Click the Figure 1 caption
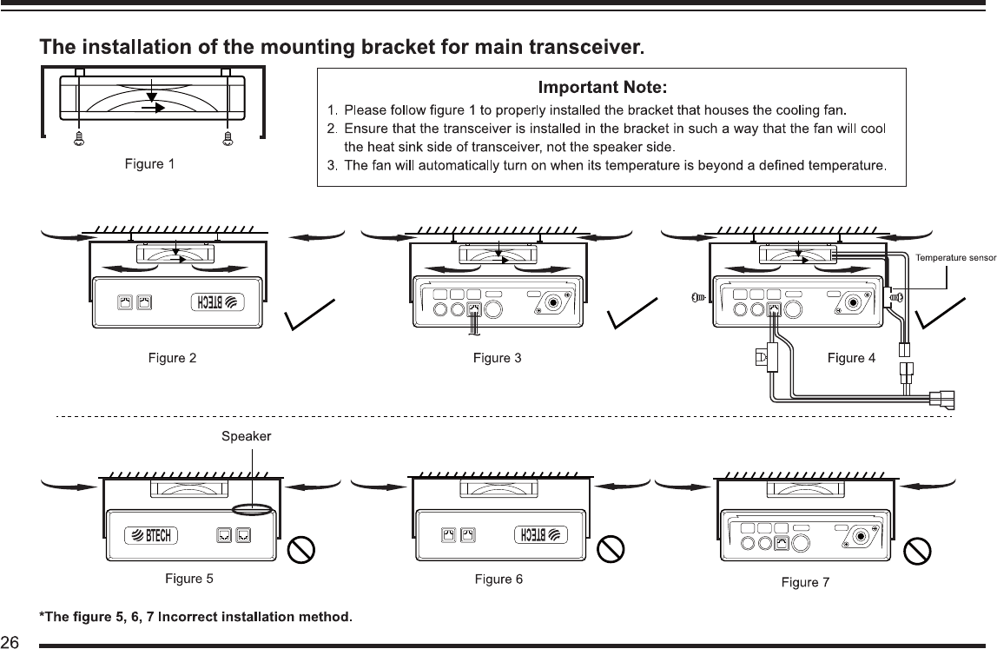click(149, 163)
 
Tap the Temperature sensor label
click(956, 256)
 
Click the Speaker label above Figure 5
click(247, 436)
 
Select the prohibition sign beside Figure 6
click(613, 548)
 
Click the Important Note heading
click(603, 87)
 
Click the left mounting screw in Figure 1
click(79, 136)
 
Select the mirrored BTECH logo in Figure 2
click(218, 303)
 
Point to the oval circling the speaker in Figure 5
click(253, 509)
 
